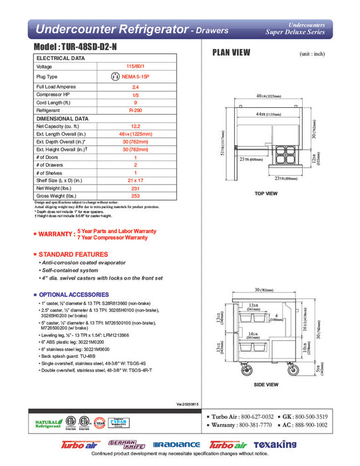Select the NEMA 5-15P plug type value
[136, 77]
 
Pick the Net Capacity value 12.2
[136, 126]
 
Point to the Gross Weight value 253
[136, 196]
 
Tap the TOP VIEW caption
[266, 193]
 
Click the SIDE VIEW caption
[266, 385]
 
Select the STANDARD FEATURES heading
[74, 255]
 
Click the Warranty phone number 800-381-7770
[257, 424]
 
